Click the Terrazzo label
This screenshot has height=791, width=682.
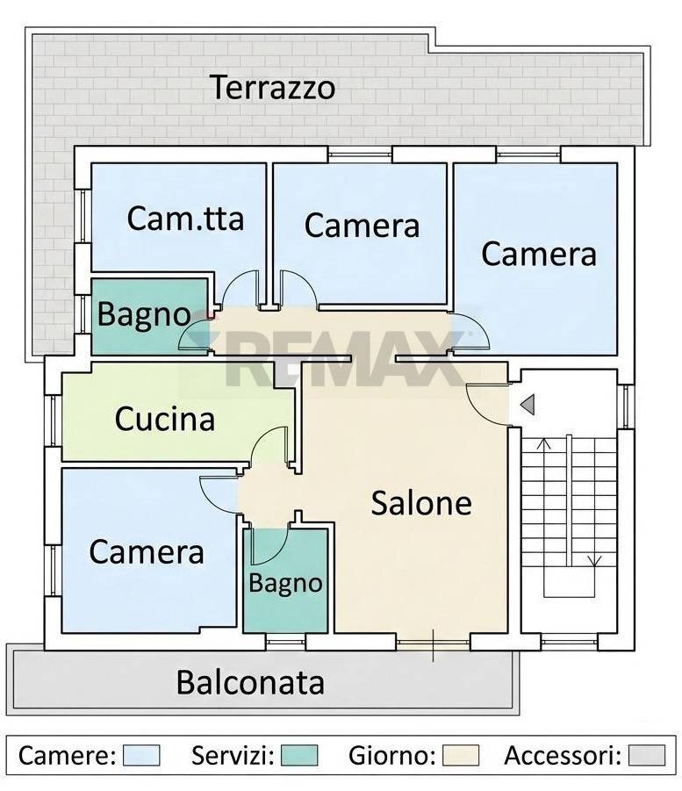[x=272, y=88]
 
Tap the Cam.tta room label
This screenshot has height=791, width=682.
[x=185, y=218]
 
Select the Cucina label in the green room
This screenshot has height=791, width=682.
[x=165, y=419]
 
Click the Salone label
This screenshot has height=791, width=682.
[x=421, y=503]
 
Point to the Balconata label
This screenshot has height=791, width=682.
[x=251, y=682]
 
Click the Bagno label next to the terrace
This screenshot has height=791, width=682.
[x=143, y=314]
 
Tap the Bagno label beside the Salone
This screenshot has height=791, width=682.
[x=285, y=582]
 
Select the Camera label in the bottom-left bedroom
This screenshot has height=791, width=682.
[x=147, y=552]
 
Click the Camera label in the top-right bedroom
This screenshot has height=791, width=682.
[x=539, y=254]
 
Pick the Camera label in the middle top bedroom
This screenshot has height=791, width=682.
[x=362, y=226]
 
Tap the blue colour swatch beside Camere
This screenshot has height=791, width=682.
[x=141, y=755]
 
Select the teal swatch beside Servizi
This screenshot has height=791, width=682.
[x=299, y=755]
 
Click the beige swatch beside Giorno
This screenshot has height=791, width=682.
[x=461, y=755]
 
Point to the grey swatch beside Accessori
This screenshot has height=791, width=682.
[x=648, y=755]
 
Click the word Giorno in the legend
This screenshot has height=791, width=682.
[x=391, y=755]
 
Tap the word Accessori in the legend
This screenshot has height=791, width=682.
[x=563, y=755]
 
